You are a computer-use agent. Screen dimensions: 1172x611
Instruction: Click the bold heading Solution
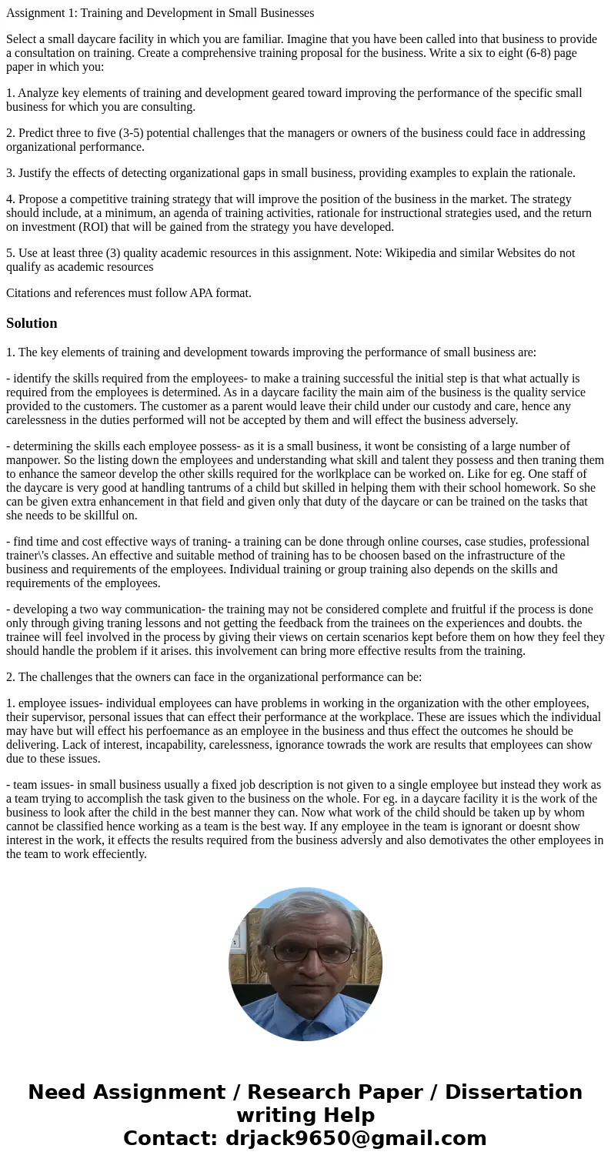pos(32,323)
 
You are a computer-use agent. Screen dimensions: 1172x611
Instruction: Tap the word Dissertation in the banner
pos(513,1092)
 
